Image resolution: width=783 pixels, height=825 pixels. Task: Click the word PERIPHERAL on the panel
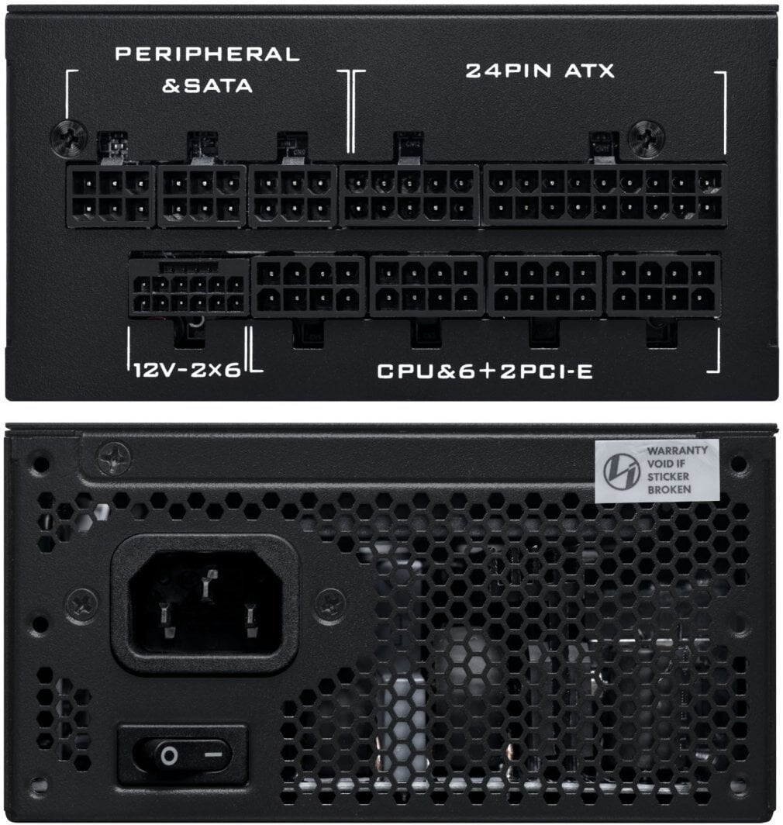pyautogui.click(x=207, y=54)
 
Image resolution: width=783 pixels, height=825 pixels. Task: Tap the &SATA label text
pyautogui.click(x=207, y=85)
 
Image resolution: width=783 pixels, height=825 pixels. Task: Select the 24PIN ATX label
pyautogui.click(x=540, y=71)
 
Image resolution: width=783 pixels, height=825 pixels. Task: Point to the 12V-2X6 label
pyautogui.click(x=187, y=370)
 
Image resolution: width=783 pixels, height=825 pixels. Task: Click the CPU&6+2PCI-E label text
pyautogui.click(x=485, y=371)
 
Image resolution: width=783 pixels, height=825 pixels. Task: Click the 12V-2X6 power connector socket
pyautogui.click(x=188, y=288)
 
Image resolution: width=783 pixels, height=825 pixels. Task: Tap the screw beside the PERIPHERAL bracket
pyautogui.click(x=66, y=139)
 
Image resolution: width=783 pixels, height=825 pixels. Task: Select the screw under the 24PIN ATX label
pyautogui.click(x=646, y=139)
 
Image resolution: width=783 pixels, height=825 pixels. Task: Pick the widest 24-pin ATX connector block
pyautogui.click(x=605, y=195)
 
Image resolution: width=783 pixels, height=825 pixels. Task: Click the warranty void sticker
pyautogui.click(x=657, y=470)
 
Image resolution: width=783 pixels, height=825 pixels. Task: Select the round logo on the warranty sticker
pyautogui.click(x=621, y=471)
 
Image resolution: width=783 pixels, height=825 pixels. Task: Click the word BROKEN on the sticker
pyautogui.click(x=669, y=489)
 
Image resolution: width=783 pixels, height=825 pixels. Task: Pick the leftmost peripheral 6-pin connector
pyautogui.click(x=111, y=195)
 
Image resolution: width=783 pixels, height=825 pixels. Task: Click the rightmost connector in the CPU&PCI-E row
pyautogui.click(x=664, y=286)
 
